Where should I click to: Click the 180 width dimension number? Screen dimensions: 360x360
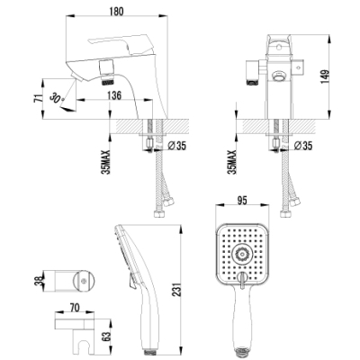(x=116, y=11)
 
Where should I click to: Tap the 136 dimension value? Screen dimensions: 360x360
(x=114, y=95)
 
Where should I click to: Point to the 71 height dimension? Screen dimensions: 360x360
(x=38, y=99)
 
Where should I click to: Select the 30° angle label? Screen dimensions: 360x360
(x=56, y=98)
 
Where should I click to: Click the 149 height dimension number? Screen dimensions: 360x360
(x=325, y=77)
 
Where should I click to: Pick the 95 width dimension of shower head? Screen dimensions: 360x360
(x=242, y=201)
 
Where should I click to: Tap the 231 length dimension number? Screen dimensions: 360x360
(x=177, y=290)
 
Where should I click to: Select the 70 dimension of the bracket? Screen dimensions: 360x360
(x=75, y=308)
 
